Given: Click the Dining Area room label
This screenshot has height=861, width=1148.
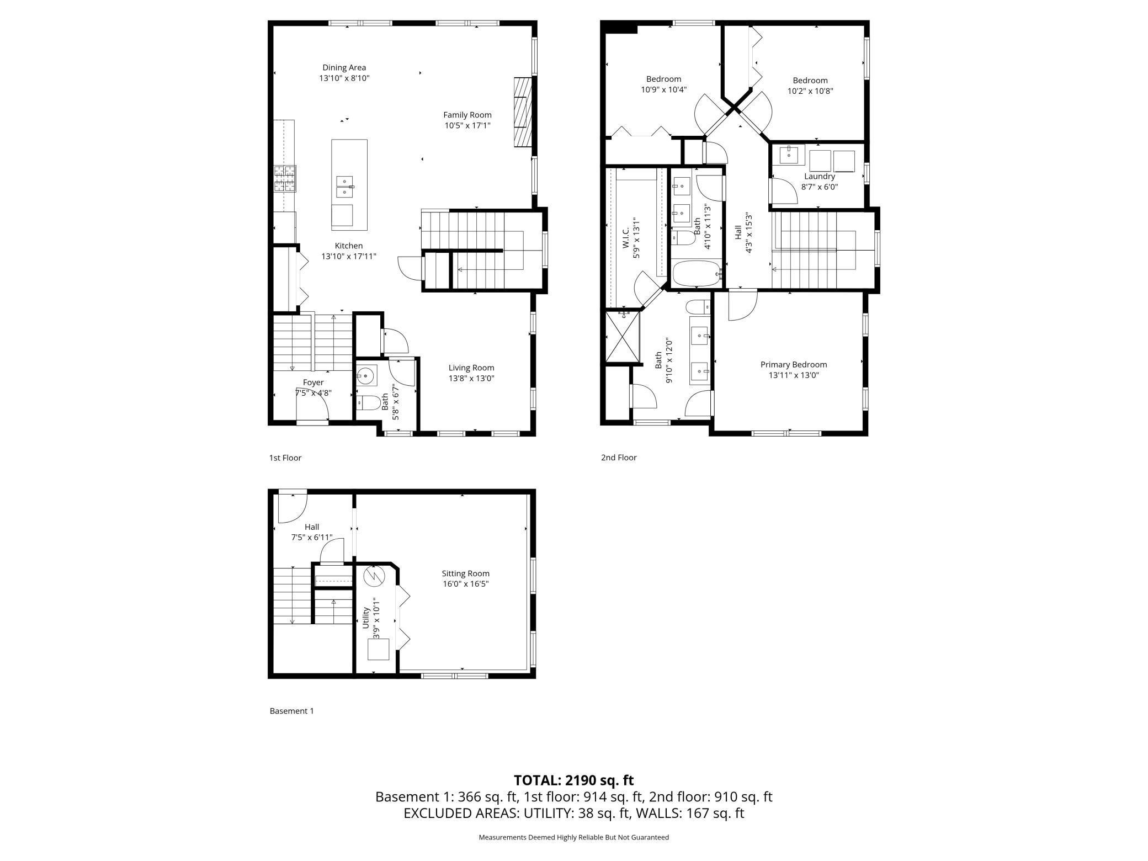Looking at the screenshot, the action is [x=344, y=68].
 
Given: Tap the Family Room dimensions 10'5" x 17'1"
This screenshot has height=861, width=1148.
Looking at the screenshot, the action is [x=467, y=125].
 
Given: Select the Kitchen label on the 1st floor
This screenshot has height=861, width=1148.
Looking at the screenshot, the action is [x=349, y=246].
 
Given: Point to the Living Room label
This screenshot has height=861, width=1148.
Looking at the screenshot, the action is [x=471, y=368].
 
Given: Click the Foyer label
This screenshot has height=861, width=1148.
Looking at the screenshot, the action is [x=313, y=382].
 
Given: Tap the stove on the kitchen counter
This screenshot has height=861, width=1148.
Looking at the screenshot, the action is [x=285, y=179].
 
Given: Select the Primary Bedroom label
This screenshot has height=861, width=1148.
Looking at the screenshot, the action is [x=794, y=364].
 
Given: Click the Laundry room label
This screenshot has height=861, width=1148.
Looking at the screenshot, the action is [x=820, y=176].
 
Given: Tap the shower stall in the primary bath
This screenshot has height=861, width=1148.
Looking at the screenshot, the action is [x=623, y=337].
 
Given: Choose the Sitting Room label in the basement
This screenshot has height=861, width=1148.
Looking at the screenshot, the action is [x=465, y=573].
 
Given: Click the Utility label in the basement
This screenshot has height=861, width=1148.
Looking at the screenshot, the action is [x=366, y=618].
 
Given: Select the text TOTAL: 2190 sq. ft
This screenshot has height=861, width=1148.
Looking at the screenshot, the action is [x=573, y=780].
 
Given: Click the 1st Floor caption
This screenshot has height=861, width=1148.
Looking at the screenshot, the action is [x=285, y=458].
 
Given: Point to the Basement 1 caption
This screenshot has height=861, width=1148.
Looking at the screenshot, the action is [x=291, y=711].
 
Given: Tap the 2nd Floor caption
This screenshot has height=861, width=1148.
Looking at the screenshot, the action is [x=619, y=458].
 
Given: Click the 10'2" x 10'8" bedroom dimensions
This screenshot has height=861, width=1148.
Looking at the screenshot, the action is [x=810, y=91].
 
